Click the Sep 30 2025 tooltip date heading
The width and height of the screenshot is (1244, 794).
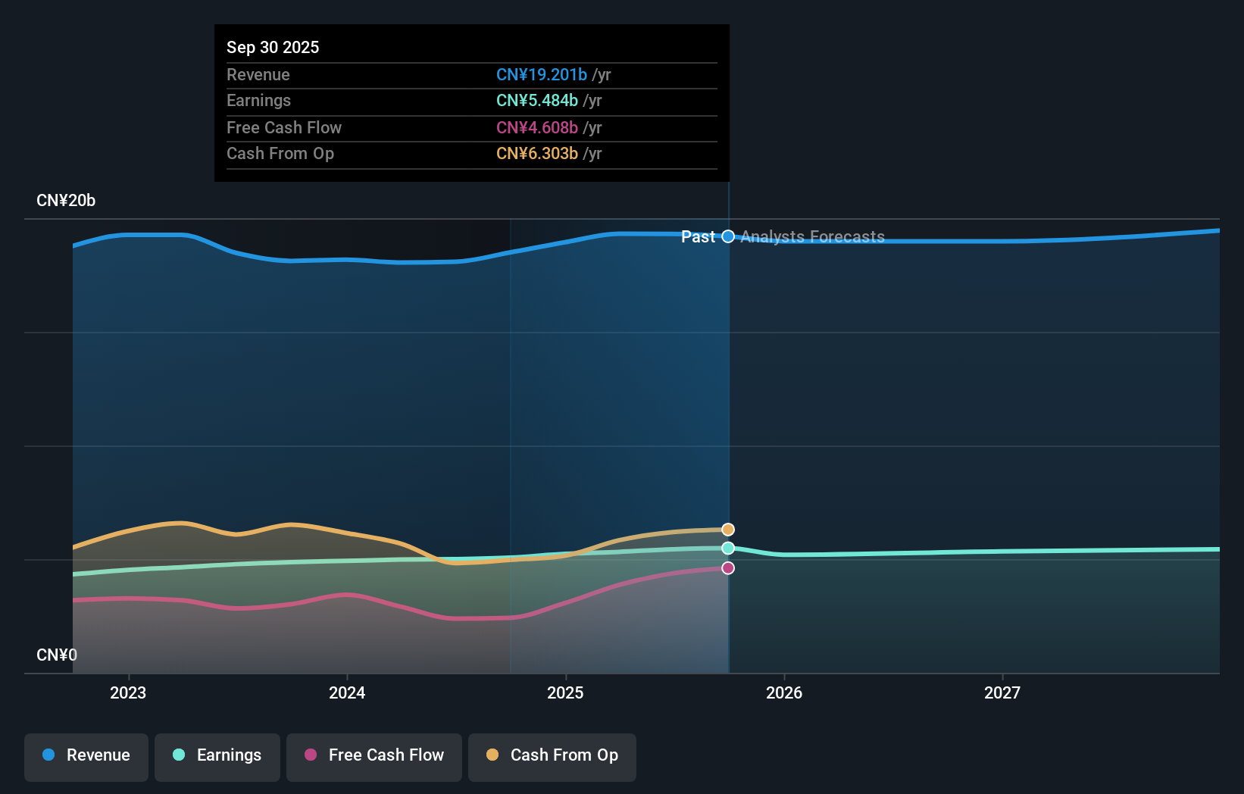(273, 47)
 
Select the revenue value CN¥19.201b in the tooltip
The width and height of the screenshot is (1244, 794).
(542, 74)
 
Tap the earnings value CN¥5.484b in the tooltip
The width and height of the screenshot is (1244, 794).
(537, 100)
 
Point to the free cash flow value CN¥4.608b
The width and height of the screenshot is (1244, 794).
(537, 127)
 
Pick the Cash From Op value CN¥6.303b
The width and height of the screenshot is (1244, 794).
(537, 153)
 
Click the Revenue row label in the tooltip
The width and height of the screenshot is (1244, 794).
(258, 74)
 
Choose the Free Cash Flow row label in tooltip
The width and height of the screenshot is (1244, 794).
(284, 127)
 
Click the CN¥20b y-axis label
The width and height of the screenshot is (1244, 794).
(66, 201)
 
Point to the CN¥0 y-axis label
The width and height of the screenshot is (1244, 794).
(57, 655)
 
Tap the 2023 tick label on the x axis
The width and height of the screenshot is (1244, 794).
(128, 692)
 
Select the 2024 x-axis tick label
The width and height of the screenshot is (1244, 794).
(347, 692)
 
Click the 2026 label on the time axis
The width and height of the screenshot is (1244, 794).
(784, 692)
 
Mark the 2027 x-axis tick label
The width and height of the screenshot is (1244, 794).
(1002, 692)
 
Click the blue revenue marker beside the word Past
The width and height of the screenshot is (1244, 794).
(728, 236)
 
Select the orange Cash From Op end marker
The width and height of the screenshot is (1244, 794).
(728, 530)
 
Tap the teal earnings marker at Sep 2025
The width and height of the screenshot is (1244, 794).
(728, 548)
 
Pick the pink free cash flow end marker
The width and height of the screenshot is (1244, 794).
(728, 568)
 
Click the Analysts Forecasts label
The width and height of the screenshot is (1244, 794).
(812, 236)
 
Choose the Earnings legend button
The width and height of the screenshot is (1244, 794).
(217, 755)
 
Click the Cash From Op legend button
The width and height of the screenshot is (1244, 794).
(552, 755)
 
